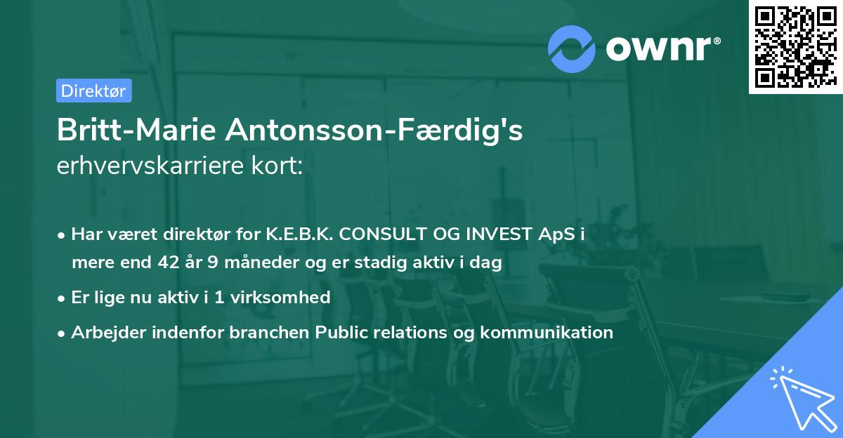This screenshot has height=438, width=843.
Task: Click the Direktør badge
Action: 93,91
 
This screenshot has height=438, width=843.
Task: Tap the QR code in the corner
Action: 795,46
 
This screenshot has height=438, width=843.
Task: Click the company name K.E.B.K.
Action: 294,234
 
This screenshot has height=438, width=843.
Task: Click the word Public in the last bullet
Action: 342,332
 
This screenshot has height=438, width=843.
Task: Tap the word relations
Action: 408,332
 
